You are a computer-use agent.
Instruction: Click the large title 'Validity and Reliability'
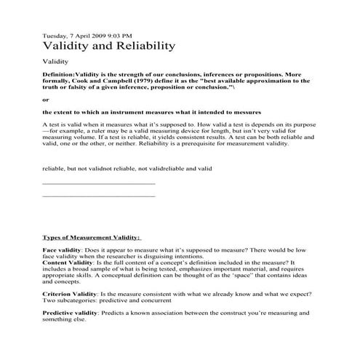109,46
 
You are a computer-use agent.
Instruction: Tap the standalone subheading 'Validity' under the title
56,63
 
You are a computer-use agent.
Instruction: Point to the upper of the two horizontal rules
99,183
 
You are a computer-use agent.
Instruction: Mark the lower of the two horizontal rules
99,196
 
